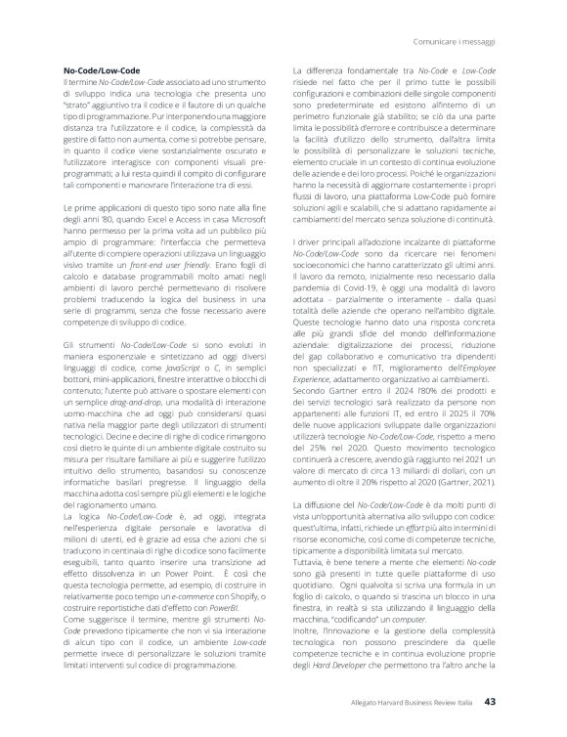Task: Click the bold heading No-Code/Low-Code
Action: [99, 72]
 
